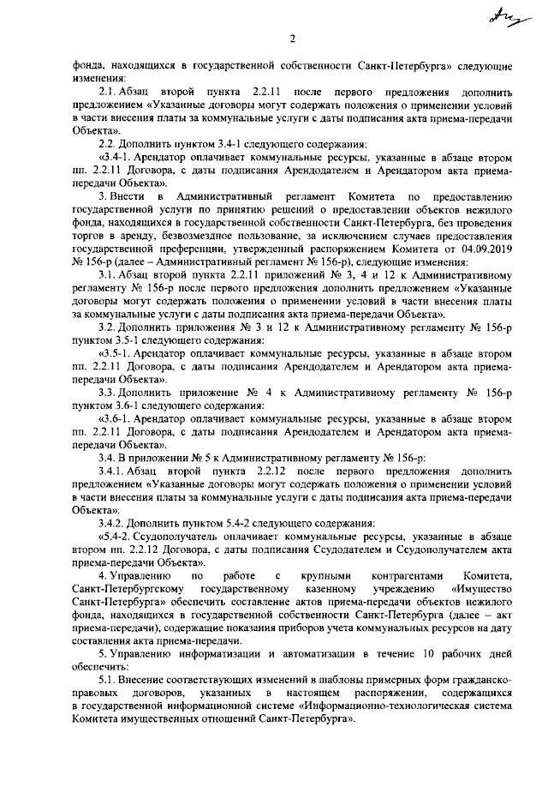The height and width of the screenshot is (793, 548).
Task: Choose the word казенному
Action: (x=337, y=590)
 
